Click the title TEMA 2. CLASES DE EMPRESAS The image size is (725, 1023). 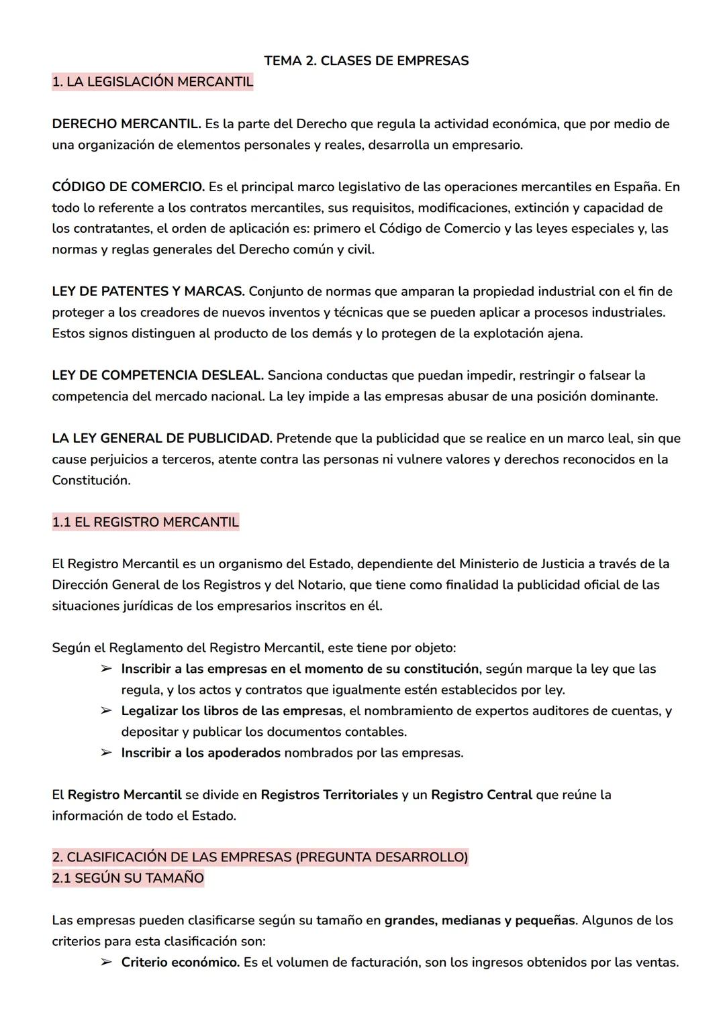click(366, 61)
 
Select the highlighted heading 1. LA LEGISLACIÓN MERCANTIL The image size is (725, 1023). click(152, 82)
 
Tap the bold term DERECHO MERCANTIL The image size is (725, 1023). click(126, 124)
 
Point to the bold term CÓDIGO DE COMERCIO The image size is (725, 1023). click(128, 186)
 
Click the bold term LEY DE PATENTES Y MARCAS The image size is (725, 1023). click(148, 292)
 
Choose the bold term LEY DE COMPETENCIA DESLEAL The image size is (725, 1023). click(158, 376)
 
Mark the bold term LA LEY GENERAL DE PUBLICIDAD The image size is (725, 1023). click(162, 439)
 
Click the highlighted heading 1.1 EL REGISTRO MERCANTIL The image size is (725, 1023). click(145, 523)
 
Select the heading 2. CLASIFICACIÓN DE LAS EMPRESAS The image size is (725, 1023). click(260, 857)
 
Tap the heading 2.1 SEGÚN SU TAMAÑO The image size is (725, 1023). click(128, 878)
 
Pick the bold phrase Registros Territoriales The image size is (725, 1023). click(329, 795)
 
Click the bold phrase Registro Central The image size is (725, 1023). click(481, 795)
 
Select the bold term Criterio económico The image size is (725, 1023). click(180, 963)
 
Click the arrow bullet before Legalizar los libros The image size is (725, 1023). click(106, 711)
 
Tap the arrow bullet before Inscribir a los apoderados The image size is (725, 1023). click(106, 753)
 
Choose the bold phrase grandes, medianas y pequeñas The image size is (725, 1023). click(479, 920)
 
